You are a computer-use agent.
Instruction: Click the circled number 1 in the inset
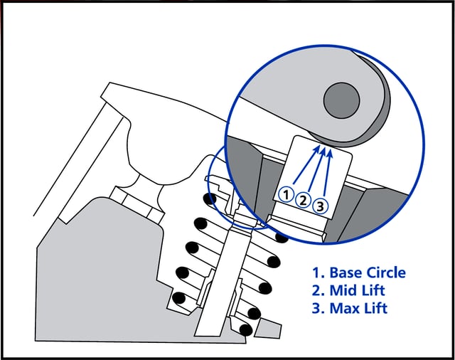[x=285, y=194]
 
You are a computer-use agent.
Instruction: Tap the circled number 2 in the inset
[x=303, y=200]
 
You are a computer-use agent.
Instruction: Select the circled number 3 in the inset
[x=321, y=206]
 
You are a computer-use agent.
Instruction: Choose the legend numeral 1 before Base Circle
[x=316, y=272]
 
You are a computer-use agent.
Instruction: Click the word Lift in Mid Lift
[x=377, y=290]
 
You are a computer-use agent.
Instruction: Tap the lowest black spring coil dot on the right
[x=246, y=329]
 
